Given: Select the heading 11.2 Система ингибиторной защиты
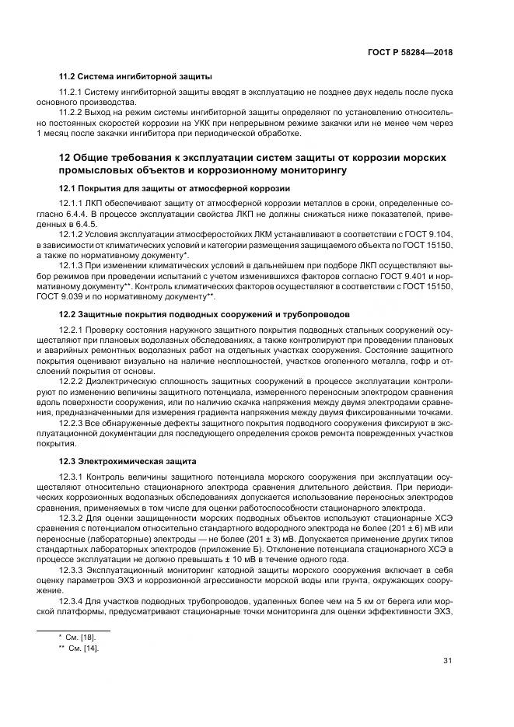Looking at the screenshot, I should click(136, 76).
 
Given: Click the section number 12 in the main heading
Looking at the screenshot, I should click(66, 158).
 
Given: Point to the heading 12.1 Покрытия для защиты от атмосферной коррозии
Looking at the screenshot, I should click(175, 189).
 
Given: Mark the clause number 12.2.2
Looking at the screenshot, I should click(74, 383).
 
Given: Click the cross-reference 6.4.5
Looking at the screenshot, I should click(82, 222).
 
